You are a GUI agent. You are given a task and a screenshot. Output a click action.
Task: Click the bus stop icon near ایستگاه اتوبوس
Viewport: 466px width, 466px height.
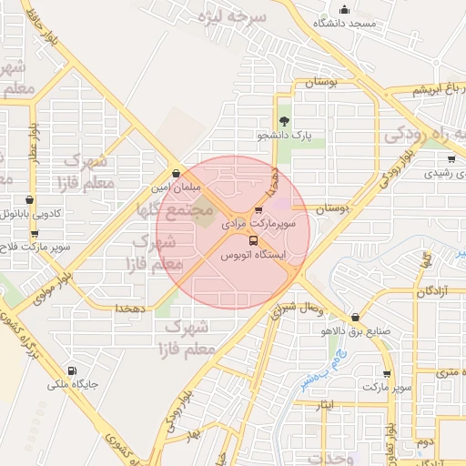pos(228,240)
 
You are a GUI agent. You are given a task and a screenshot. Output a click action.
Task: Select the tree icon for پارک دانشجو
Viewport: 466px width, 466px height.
pos(284,121)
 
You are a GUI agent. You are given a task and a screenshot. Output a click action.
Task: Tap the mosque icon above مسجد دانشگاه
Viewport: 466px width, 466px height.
pos(344,9)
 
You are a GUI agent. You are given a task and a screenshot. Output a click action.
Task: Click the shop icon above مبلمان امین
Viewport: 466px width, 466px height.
pos(175,172)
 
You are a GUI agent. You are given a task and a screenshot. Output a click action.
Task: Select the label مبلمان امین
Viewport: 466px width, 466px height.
pos(174,186)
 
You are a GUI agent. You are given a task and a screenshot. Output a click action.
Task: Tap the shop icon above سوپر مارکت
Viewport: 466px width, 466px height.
pos(389,374)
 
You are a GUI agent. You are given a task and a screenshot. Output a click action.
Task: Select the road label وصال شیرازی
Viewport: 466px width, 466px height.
pos(290,309)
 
